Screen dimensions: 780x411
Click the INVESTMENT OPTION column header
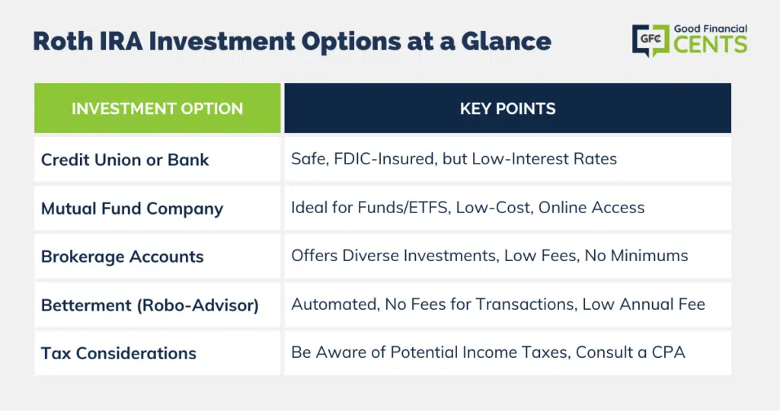tap(157, 108)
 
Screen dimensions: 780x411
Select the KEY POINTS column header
tap(507, 108)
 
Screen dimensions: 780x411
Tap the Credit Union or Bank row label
tap(125, 160)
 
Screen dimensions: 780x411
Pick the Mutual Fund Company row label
tap(132, 209)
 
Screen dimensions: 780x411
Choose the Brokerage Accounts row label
tap(123, 256)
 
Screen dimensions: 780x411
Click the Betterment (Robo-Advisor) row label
tap(150, 305)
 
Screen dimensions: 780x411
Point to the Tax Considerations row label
tap(118, 353)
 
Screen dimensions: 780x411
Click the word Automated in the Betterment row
tap(334, 304)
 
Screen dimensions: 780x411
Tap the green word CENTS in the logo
tap(711, 43)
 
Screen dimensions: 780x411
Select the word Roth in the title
tap(63, 41)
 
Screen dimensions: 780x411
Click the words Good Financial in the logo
tap(711, 29)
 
